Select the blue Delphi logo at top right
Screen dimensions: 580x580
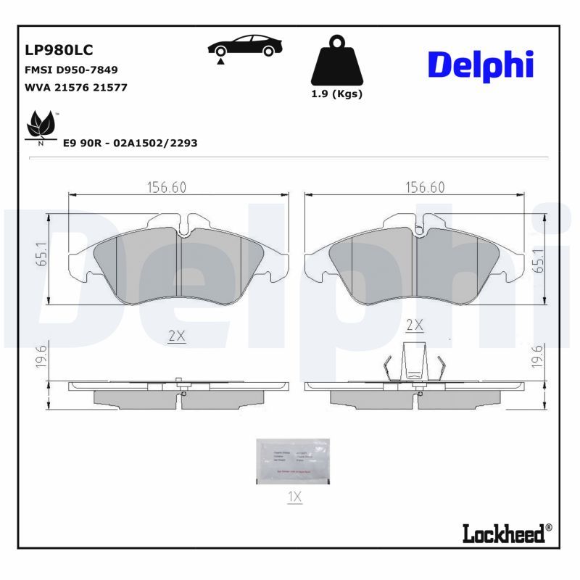481,65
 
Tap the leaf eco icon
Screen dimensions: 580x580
40,127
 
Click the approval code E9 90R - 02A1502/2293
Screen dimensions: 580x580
130,144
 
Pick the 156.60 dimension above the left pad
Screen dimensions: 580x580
167,187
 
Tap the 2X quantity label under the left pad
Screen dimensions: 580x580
177,336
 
